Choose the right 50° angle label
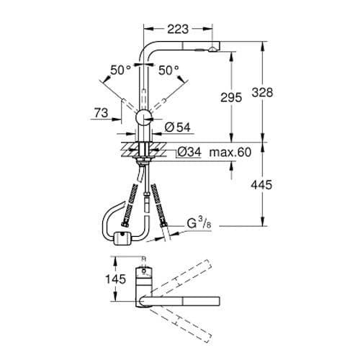(x=168, y=70)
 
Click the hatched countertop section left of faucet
(x=127, y=151)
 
